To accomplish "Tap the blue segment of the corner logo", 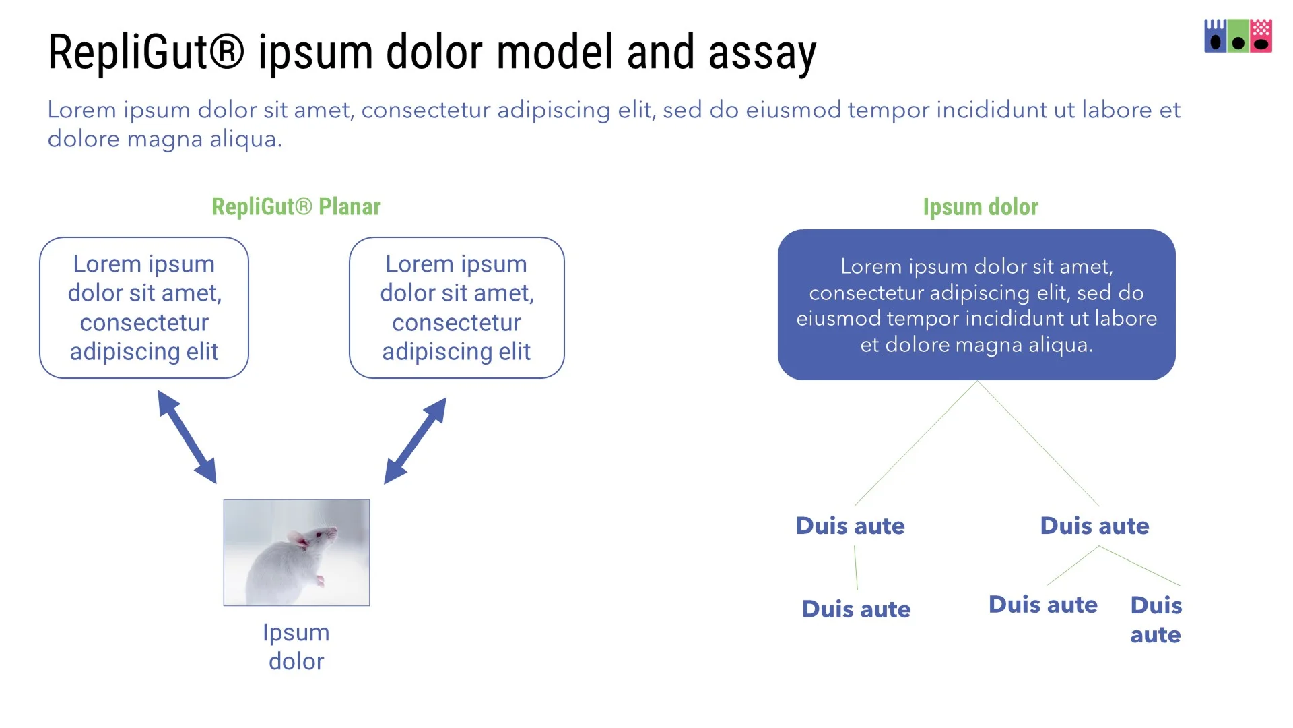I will (1215, 36).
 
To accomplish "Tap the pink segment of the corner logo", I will (1261, 36).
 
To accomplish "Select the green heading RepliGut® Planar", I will (296, 207).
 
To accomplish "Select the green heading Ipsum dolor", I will (980, 207).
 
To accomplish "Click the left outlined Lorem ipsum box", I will (144, 307).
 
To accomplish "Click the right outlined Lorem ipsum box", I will (457, 307).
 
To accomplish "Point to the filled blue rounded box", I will (976, 305).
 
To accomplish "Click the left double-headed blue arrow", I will (187, 437).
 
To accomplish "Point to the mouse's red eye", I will (319, 534).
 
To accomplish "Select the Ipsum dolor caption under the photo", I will (296, 647).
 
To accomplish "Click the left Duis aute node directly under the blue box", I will (850, 526).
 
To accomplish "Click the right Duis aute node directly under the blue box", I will (1094, 526).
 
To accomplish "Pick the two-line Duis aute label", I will (1156, 619).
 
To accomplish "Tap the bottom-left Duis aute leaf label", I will (856, 609).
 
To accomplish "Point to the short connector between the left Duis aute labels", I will (856, 568).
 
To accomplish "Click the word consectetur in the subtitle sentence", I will (426, 110).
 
